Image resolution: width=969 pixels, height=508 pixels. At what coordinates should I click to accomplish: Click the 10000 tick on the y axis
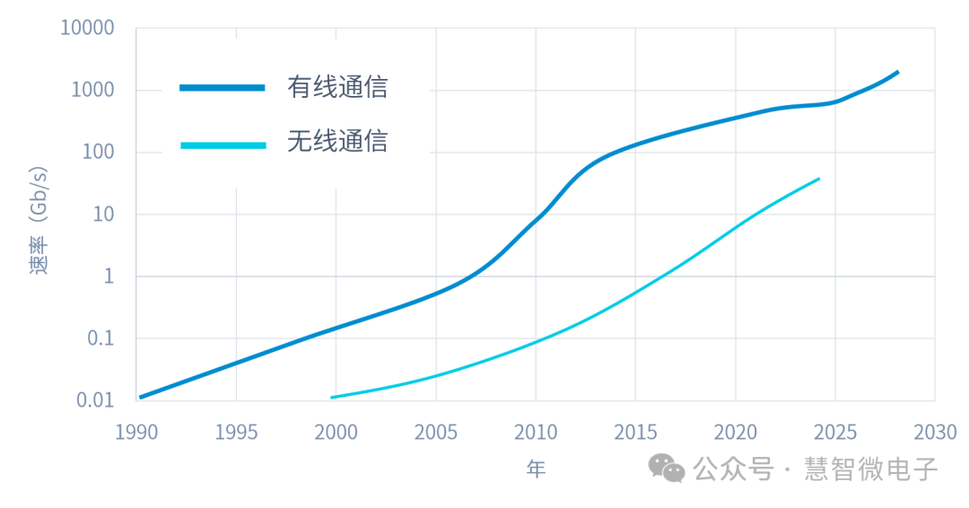point(87,28)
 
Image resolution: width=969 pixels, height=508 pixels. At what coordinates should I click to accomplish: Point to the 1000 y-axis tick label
point(92,90)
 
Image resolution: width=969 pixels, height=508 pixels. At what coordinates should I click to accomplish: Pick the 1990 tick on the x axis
point(136,433)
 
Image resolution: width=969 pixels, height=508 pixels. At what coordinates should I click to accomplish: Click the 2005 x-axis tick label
point(436,433)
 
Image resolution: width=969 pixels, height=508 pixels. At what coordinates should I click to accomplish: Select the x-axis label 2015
point(635,433)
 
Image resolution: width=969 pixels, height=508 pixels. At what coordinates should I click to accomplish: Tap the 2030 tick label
point(935,433)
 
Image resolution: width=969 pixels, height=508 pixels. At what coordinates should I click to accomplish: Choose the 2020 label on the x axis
point(736,433)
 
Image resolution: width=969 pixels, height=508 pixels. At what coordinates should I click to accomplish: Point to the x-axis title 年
point(536,469)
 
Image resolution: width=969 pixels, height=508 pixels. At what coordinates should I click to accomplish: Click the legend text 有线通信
point(337,87)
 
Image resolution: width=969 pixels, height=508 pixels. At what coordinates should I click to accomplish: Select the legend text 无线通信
point(337,142)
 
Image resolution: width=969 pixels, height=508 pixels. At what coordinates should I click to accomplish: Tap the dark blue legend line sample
point(223,88)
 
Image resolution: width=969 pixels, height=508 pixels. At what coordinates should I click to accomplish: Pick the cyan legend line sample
point(223,144)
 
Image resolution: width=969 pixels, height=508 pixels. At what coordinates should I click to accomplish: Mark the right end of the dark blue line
point(897,72)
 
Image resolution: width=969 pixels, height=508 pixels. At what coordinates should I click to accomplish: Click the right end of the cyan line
point(818,179)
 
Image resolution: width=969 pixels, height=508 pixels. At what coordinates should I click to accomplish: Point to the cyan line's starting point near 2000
point(332,397)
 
